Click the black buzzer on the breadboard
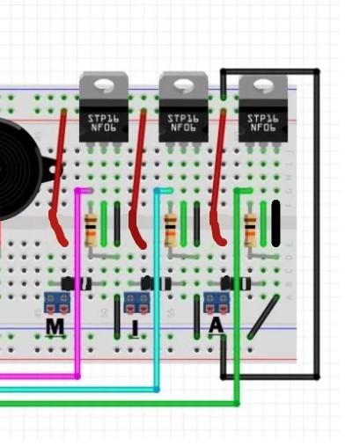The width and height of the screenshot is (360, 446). (x=19, y=167)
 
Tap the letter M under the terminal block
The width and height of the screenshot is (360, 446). (x=55, y=327)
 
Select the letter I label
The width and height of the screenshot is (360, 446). (x=135, y=328)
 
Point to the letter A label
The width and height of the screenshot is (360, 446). (x=217, y=326)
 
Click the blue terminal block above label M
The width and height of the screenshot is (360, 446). (x=57, y=303)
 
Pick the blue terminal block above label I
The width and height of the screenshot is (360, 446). (x=136, y=303)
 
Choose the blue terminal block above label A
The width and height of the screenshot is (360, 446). (x=217, y=303)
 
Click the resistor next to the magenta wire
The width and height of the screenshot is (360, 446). (x=92, y=230)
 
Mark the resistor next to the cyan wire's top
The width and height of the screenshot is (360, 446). (x=171, y=230)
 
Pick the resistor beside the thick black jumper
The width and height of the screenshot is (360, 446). (x=251, y=230)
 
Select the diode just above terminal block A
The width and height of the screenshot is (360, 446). (x=236, y=283)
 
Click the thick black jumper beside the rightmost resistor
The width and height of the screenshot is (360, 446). (x=276, y=223)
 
